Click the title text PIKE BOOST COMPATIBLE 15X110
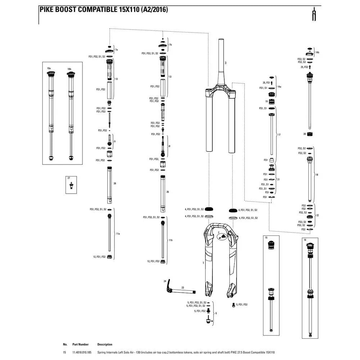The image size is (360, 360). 103,10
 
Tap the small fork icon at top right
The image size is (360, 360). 314,14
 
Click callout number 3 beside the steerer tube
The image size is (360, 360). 225,63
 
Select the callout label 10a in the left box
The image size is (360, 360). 49,68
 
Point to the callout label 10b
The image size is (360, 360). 69,68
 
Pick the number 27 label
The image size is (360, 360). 68,178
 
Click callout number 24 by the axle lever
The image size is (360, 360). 165,281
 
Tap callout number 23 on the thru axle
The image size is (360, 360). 183,288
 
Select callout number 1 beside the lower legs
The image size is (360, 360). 203,263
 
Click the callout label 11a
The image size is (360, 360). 118,234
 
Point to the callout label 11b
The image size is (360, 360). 171,240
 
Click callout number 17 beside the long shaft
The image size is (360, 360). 279,135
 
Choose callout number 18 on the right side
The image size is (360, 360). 317,175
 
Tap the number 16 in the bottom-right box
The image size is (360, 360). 305,240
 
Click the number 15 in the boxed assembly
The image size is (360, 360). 266,238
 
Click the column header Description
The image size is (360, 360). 105,345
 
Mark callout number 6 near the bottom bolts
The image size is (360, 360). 216,314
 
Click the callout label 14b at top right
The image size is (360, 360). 317,53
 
